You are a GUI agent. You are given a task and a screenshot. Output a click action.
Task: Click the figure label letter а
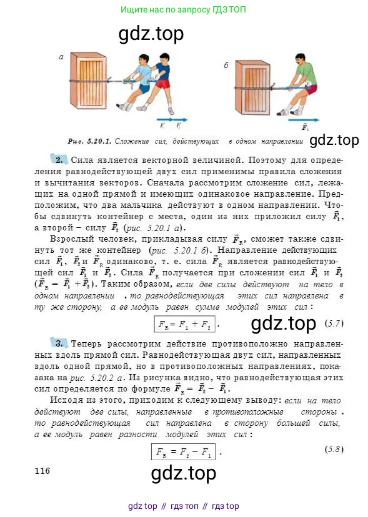[x=61, y=57]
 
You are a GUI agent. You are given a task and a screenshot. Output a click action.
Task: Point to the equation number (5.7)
[x=335, y=323]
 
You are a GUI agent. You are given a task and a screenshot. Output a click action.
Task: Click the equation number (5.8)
[x=334, y=432]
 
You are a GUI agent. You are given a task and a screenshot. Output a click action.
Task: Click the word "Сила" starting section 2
[x=82, y=160]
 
